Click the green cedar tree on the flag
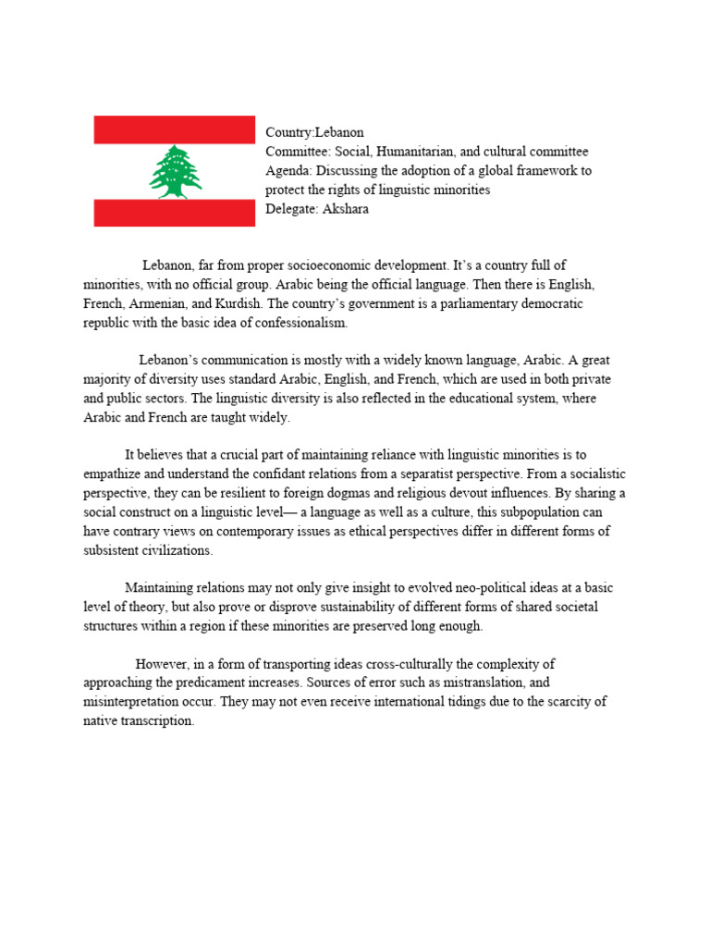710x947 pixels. pyautogui.click(x=175, y=171)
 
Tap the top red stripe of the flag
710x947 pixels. pyautogui.click(x=174, y=129)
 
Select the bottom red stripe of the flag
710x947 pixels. pyautogui.click(x=174, y=212)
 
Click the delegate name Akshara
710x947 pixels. pyautogui.click(x=348, y=209)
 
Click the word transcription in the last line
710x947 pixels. pyautogui.click(x=157, y=720)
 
